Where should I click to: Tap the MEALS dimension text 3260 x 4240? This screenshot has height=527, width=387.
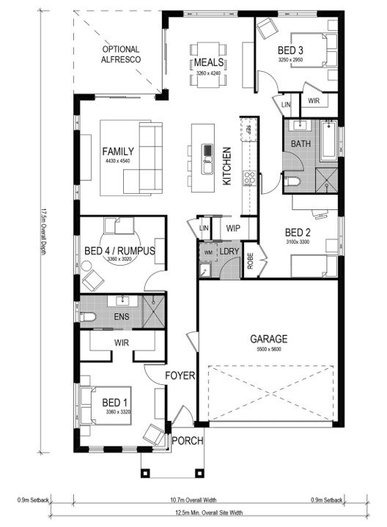(x=209, y=73)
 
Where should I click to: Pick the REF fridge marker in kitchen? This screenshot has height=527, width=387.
(x=249, y=129)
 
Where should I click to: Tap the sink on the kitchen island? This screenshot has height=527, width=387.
(x=207, y=153)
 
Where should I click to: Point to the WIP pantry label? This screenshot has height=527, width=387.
(x=233, y=228)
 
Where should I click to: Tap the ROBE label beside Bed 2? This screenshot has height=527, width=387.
(x=251, y=262)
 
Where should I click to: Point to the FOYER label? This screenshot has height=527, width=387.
(x=180, y=376)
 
